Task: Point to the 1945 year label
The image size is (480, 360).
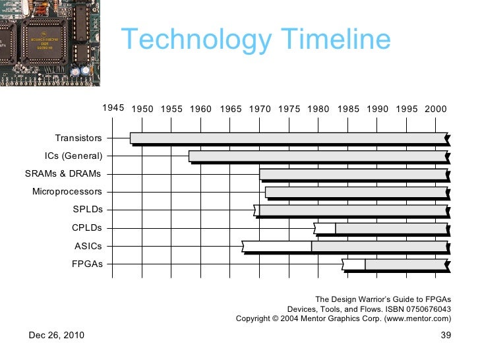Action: [x=113, y=107]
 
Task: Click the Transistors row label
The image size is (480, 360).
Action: [x=78, y=138]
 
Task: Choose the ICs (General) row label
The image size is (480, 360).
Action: [x=73, y=156]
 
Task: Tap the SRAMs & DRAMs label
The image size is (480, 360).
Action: [x=63, y=174]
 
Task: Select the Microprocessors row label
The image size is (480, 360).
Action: [x=67, y=192]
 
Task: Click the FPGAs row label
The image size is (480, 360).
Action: [x=87, y=264]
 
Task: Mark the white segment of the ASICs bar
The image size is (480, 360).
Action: [x=277, y=247]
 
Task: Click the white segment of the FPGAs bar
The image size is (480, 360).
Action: [x=354, y=264]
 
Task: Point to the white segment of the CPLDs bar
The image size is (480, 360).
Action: [x=326, y=228]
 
